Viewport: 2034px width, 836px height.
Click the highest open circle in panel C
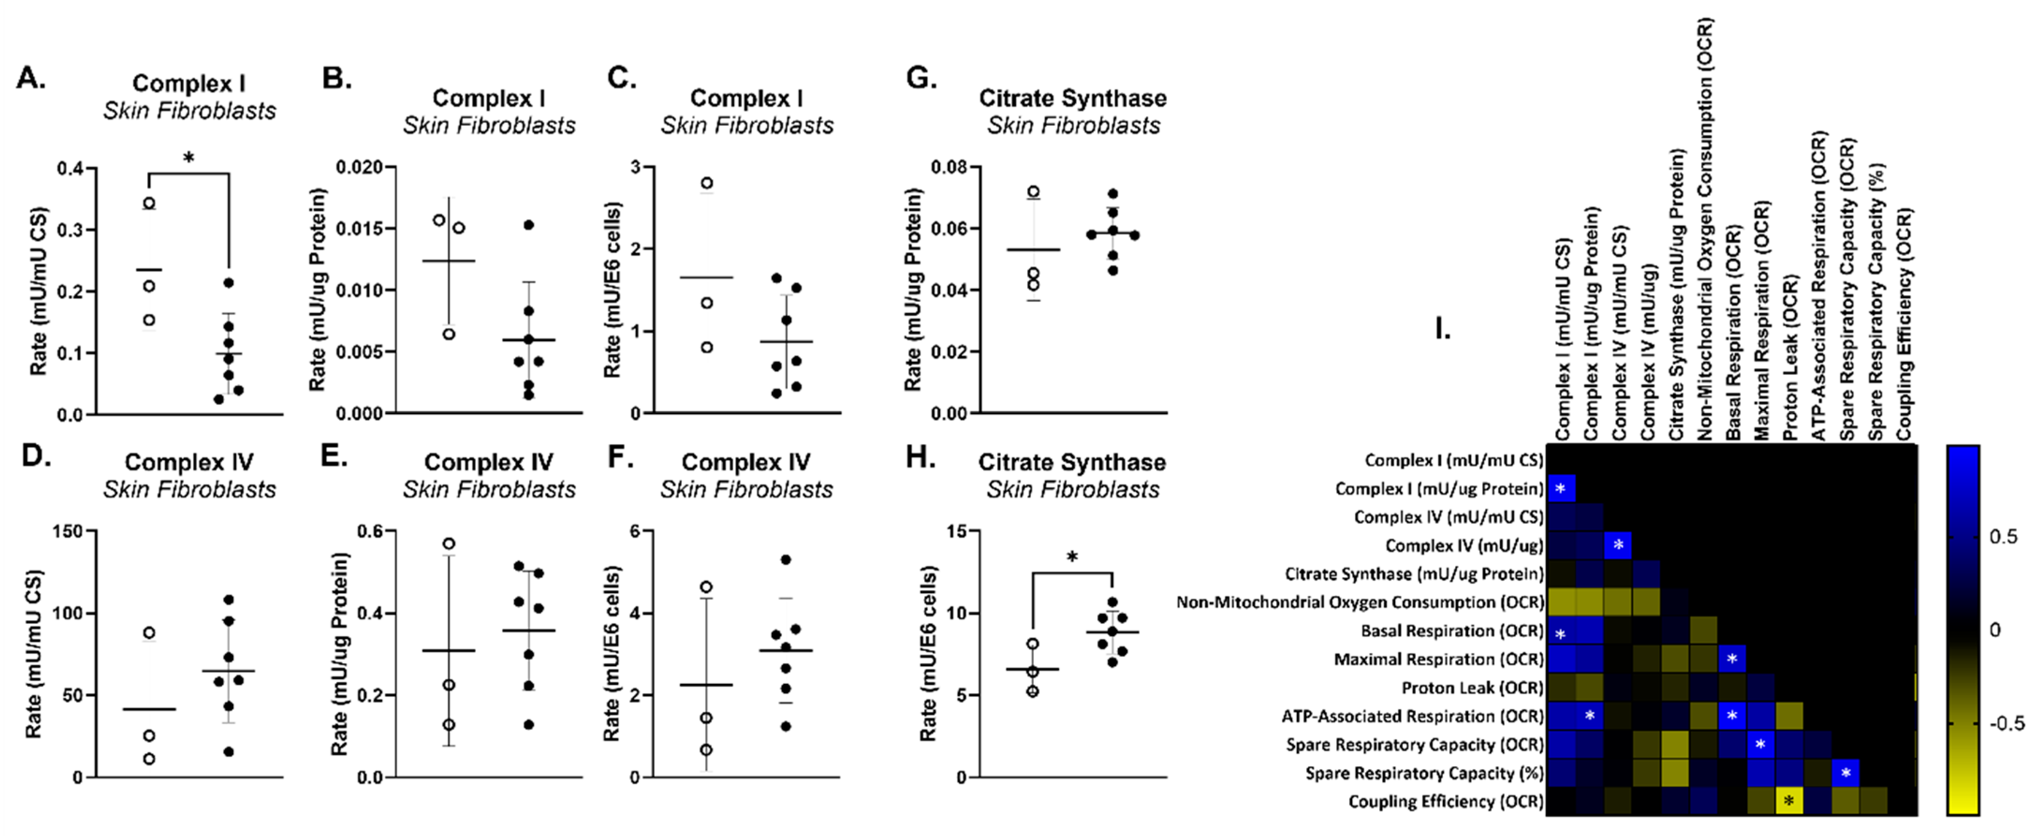tap(707, 183)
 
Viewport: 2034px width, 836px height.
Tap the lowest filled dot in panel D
tap(228, 752)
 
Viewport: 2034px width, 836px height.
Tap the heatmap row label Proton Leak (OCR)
tap(1472, 688)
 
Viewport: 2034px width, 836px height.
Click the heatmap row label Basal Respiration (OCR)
tap(1451, 631)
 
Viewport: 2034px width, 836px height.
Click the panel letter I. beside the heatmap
tap(1442, 329)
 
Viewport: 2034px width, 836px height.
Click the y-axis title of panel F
tap(612, 653)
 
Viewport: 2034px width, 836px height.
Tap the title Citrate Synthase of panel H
tap(1071, 462)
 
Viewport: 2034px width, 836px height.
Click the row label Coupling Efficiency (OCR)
tap(1445, 801)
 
